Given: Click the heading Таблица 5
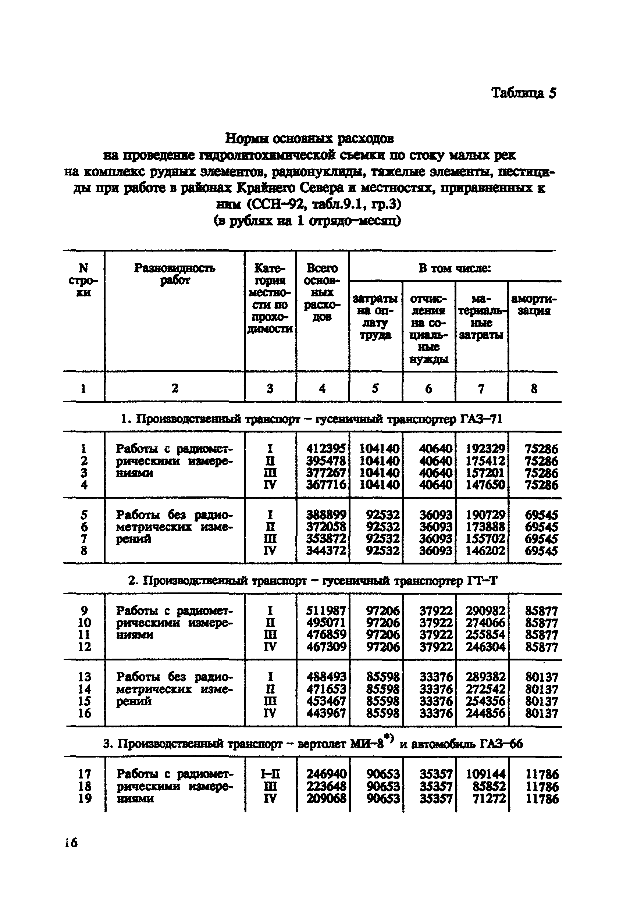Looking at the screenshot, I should point(523,93).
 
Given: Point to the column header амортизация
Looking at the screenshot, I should point(534,304).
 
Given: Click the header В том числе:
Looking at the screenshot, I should point(455,268).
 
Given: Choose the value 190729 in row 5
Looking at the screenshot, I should point(485,514).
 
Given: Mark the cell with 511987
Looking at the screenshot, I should point(326,611).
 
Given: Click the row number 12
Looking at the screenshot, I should point(85,647).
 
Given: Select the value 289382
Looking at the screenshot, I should point(485,677).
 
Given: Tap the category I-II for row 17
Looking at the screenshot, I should point(270,774).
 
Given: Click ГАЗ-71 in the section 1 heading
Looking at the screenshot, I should point(481,419).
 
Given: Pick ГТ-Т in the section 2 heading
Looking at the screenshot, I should point(482,581).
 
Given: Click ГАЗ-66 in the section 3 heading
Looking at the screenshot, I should point(501,744).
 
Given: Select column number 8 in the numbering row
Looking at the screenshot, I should point(534,389).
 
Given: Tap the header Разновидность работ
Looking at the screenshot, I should point(174,274).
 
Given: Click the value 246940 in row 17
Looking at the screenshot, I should point(327,774).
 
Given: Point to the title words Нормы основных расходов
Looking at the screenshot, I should point(309,139).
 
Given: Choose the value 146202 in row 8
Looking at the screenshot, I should point(485,551).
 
